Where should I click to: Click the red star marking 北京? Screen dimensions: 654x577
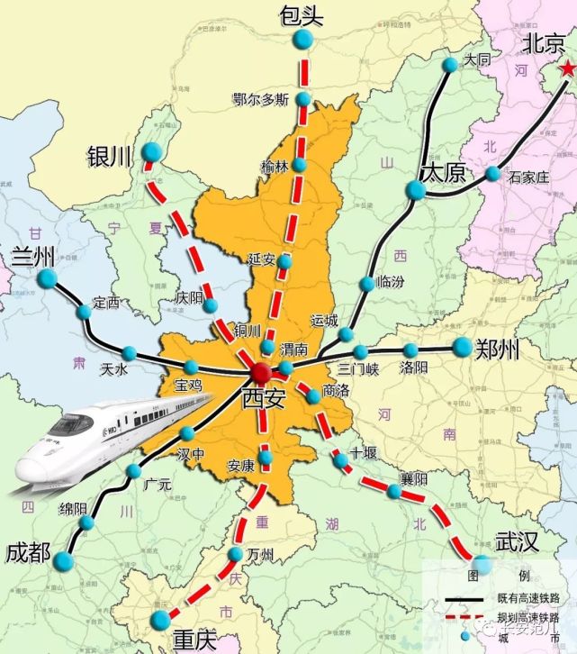coord(566,69)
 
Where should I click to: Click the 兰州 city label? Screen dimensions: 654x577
coord(33,256)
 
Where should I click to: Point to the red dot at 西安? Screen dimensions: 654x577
coord(260,372)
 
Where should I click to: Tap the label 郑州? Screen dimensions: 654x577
coord(498,347)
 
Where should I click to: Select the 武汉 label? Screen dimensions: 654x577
coord(517,541)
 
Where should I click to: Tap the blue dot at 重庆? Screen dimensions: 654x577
coord(161,619)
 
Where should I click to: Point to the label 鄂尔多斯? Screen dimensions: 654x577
coord(260,99)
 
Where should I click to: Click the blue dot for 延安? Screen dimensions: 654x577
coord(284,262)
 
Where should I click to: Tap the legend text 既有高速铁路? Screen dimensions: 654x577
coord(527,599)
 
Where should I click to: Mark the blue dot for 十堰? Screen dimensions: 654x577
coord(342,461)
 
